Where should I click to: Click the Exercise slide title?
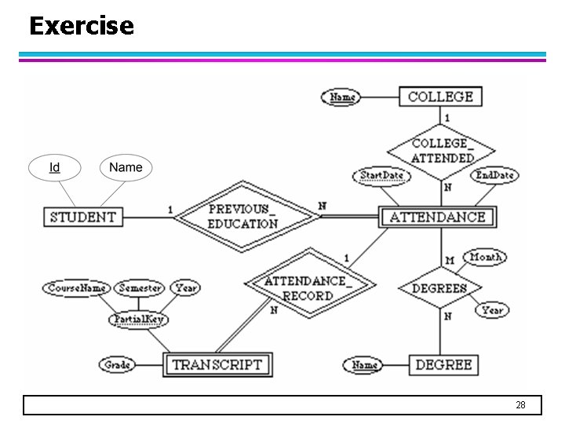(x=82, y=26)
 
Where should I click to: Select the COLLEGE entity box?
(x=440, y=97)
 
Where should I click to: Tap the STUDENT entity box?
(x=83, y=217)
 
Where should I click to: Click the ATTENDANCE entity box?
(x=438, y=217)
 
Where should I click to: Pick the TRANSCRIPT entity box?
(x=217, y=364)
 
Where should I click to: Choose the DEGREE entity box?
(x=443, y=364)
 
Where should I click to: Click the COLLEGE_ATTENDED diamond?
(x=442, y=151)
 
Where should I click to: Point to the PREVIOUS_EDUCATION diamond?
(x=242, y=217)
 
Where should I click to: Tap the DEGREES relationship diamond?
(x=439, y=288)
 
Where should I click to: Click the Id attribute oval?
(x=55, y=167)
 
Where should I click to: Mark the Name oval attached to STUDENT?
(x=126, y=167)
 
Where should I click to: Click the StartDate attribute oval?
(x=382, y=176)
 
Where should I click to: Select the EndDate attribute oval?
(x=494, y=175)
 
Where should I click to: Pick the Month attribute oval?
(x=486, y=257)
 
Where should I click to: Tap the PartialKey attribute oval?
(x=138, y=320)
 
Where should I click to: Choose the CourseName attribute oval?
(x=77, y=288)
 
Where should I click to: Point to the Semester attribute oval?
(x=140, y=288)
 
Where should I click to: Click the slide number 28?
(x=520, y=405)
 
